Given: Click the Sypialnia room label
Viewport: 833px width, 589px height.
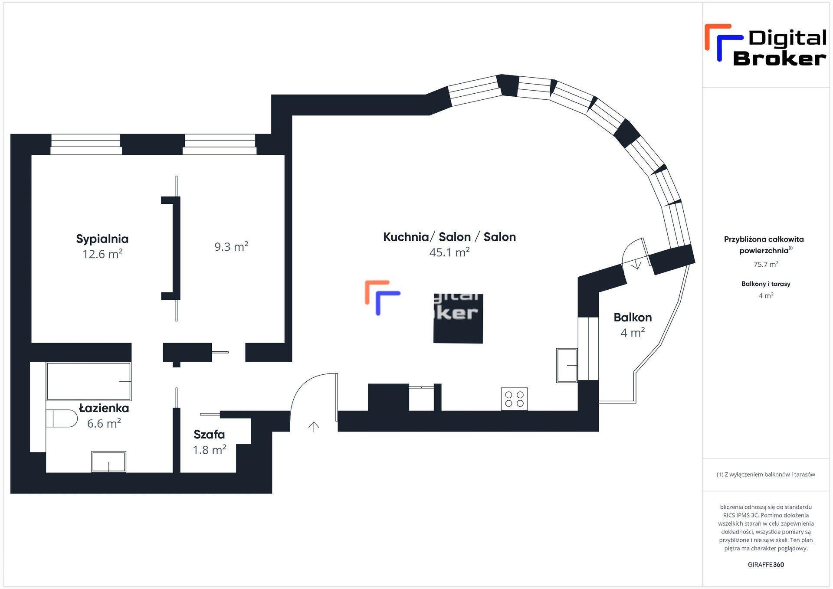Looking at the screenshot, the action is point(102,239).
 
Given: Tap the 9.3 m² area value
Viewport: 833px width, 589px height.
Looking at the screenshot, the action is point(231,246).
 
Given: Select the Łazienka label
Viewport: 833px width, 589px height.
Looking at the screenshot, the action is point(104,408).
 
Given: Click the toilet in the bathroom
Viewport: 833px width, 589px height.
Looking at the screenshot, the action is point(61,418).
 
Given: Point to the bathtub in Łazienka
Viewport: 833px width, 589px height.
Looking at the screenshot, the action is point(89,381).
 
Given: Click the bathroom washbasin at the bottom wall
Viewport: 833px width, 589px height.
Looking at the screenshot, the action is point(108,461).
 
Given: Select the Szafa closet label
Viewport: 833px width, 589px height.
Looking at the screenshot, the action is point(209,434).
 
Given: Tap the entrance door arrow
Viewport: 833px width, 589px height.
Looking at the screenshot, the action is point(314,426).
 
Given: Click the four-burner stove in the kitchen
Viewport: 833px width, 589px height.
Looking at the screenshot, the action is point(514,399).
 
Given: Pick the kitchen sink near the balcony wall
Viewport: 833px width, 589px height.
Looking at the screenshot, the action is point(567,365).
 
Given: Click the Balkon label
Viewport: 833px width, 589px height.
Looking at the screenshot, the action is point(633,317).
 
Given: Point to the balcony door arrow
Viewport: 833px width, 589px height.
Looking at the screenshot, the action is point(636,264).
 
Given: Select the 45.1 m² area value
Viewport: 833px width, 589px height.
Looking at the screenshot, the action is point(449,252).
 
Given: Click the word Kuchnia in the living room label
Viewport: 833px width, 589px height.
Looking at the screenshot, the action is point(406,237).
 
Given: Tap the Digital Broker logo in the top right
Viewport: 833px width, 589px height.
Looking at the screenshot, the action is point(766,45).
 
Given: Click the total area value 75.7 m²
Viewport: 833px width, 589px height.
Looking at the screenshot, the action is point(766,264).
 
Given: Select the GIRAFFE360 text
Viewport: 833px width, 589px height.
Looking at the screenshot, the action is point(766,564).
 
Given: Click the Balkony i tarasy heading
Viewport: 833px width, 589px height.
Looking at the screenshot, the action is point(766,284).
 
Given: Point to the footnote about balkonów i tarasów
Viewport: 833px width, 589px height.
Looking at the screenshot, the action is point(766,474).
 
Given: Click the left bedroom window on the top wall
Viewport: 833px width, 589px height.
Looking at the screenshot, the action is point(86,144).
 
